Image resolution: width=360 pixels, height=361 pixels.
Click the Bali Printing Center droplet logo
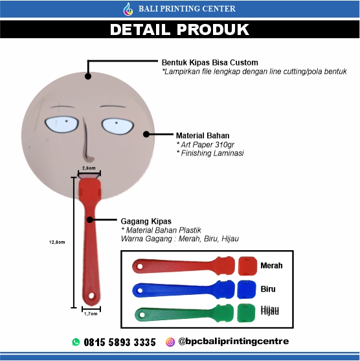point(128,9)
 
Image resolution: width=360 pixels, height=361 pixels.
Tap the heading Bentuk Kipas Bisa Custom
point(210,62)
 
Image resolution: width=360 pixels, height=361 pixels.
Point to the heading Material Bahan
point(203,135)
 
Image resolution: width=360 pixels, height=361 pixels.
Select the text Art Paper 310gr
point(207,145)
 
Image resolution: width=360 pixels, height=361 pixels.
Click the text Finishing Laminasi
point(212,153)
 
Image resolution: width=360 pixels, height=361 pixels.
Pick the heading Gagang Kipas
point(146,221)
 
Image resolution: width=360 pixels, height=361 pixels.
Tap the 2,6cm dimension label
point(89,168)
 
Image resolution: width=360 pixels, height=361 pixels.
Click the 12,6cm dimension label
point(57,242)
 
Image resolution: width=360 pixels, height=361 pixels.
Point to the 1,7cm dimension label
point(91,314)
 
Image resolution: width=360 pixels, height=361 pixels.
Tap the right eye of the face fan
point(118,126)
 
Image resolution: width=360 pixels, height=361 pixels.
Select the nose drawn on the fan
point(87,141)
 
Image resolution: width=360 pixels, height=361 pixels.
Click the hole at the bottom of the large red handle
point(91,296)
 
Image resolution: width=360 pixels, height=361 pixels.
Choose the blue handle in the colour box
point(183,290)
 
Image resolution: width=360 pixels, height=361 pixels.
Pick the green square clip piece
point(246,313)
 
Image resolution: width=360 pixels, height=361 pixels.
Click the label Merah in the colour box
point(271,266)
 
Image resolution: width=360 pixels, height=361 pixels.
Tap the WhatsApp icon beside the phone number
point(76,342)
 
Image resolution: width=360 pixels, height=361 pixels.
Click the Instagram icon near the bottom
point(170,342)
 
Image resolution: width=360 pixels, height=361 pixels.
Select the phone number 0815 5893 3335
point(120,342)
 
